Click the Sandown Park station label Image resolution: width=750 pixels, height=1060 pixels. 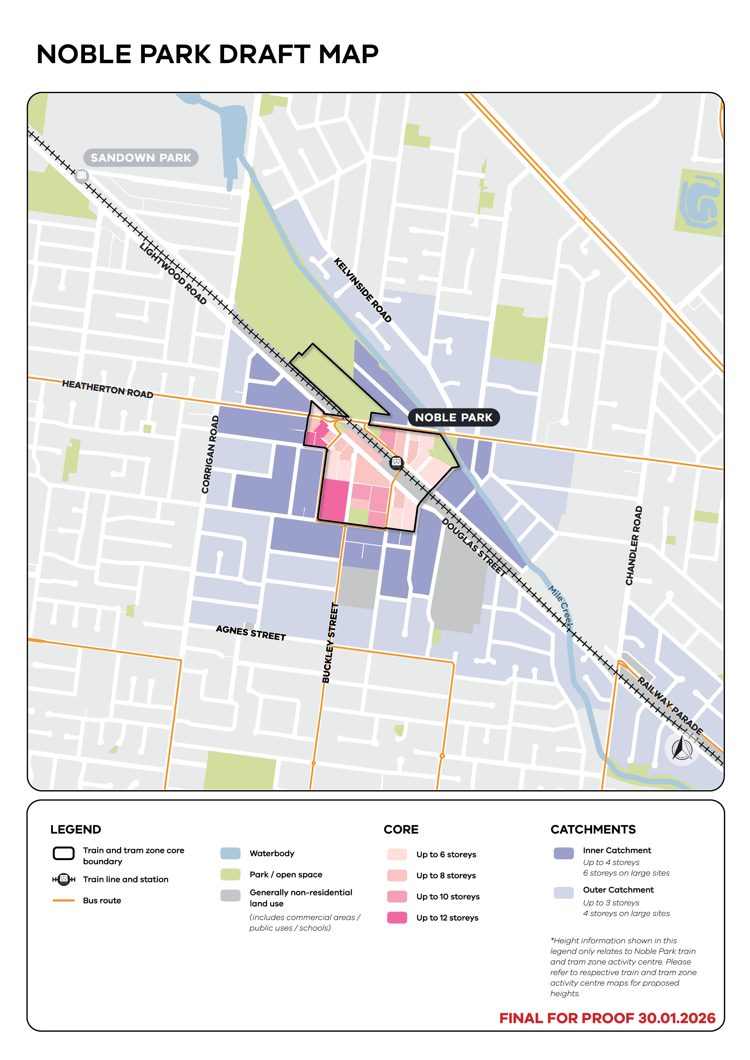(141, 158)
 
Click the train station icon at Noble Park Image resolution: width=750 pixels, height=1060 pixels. (396, 462)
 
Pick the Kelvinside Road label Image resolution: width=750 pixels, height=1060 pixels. (363, 290)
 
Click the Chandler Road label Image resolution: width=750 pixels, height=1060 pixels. (634, 546)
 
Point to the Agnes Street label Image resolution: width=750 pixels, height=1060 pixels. (251, 632)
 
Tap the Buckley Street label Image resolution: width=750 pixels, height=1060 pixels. (330, 643)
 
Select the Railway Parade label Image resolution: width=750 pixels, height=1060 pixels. (670, 706)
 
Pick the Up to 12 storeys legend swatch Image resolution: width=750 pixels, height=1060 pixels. (397, 917)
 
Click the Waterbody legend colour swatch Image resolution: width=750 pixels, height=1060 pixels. (230, 853)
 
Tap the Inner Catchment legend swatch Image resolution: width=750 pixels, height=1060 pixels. (563, 853)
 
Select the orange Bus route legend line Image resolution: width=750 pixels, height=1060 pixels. (63, 900)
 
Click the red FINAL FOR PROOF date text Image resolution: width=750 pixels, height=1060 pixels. (607, 1018)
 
